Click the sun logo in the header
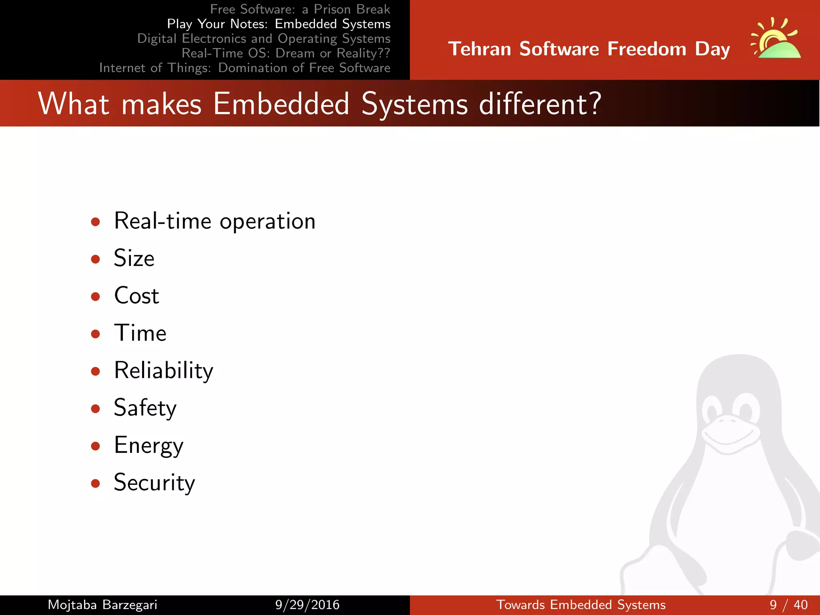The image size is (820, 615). pos(776,39)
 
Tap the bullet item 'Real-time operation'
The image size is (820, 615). pos(215,221)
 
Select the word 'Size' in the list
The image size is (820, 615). pos(134,258)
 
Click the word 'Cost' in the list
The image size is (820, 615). pos(137,296)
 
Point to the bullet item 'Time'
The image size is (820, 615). pos(140,333)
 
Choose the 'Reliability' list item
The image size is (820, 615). pos(163,371)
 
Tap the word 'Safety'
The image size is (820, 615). pos(145,408)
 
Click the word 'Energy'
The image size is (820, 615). pos(149,446)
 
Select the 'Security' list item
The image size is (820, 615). pos(154,483)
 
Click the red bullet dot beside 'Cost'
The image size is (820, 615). pos(95,297)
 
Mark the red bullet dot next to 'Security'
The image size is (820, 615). pos(95,484)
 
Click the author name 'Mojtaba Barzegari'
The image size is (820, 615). pos(102,605)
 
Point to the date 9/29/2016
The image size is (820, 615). pos(307,605)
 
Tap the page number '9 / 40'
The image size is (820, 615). pos(788,605)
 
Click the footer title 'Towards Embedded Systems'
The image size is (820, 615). pos(581,605)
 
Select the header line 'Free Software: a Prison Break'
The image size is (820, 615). pos(300,9)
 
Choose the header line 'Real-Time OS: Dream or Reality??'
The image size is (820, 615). pos(285,53)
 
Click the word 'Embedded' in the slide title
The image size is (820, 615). pos(281,104)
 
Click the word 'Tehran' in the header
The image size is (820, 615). pos(480,49)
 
